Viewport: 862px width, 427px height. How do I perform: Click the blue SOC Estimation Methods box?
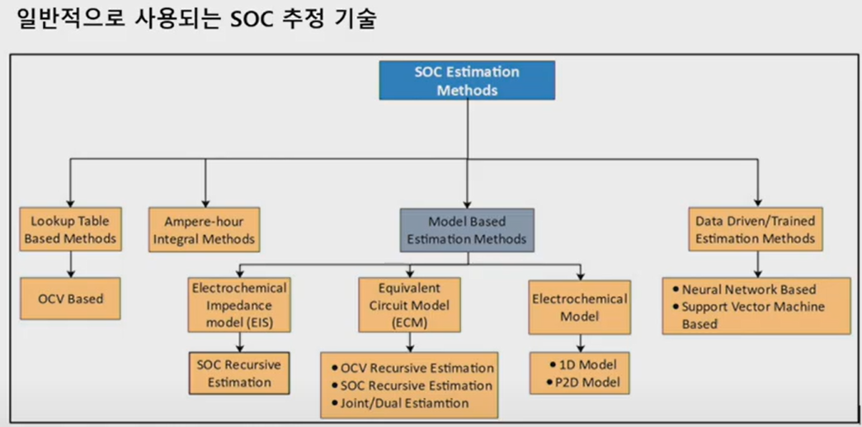pyautogui.click(x=467, y=81)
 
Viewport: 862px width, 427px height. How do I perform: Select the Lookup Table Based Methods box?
pyautogui.click(x=70, y=229)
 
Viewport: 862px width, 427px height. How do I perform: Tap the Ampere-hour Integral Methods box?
pyautogui.click(x=205, y=229)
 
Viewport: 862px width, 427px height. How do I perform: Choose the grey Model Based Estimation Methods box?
pyautogui.click(x=467, y=230)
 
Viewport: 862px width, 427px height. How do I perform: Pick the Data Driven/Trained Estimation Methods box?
pyautogui.click(x=756, y=229)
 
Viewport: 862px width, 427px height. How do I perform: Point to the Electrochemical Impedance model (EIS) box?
pyautogui.click(x=239, y=305)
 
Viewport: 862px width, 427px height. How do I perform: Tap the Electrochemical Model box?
pyautogui.click(x=579, y=307)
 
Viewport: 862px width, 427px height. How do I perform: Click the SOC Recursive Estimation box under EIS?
pyautogui.click(x=239, y=373)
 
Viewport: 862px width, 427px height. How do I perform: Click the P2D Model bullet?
pyautogui.click(x=579, y=382)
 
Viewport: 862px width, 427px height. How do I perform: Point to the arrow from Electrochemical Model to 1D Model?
pyautogui.click(x=579, y=341)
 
